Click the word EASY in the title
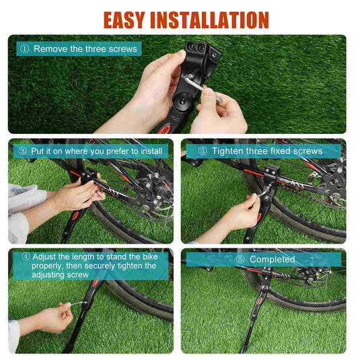pyautogui.click(x=124, y=20)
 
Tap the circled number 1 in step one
pyautogui.click(x=24, y=48)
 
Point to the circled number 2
pyautogui.click(x=22, y=151)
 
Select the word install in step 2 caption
pyautogui.click(x=151, y=151)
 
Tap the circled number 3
pyautogui.click(x=203, y=151)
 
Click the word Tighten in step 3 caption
pyautogui.click(x=227, y=151)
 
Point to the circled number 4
pyautogui.click(x=26, y=256)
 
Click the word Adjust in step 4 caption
pyautogui.click(x=44, y=257)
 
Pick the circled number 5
pyautogui.click(x=240, y=259)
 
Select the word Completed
pyautogui.click(x=272, y=260)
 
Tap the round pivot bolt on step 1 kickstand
pyautogui.click(x=182, y=101)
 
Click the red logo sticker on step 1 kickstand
pyautogui.click(x=164, y=129)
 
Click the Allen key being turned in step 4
pyautogui.click(x=77, y=303)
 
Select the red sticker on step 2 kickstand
pyautogui.click(x=75, y=215)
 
